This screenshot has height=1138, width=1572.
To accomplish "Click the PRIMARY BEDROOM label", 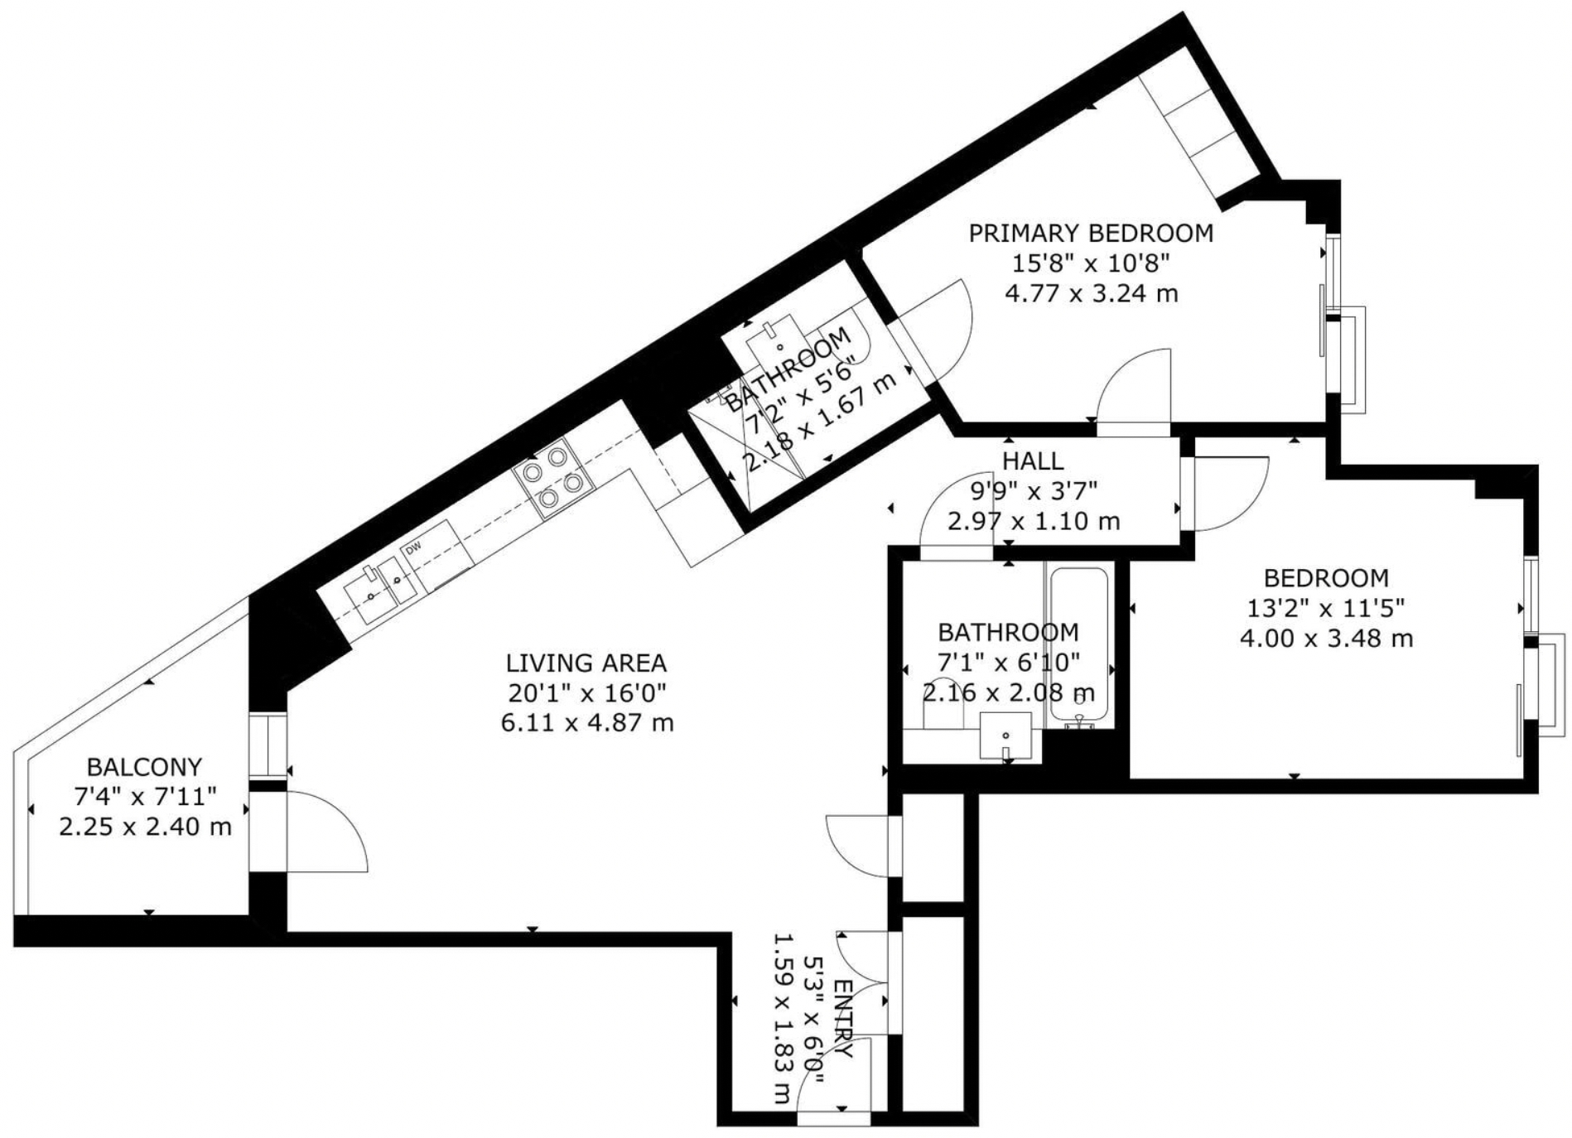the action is pyautogui.click(x=1091, y=234).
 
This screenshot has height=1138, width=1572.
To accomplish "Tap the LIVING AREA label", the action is pyautogui.click(x=586, y=663).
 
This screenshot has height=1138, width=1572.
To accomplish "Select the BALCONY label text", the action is pyautogui.click(x=145, y=767).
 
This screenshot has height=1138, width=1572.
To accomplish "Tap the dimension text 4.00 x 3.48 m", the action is pyautogui.click(x=1326, y=639).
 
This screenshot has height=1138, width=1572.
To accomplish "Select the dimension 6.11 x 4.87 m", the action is pyautogui.click(x=586, y=723).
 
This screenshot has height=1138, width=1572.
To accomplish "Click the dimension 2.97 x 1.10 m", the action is pyautogui.click(x=1034, y=521).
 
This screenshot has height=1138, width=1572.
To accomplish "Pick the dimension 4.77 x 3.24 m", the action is pyautogui.click(x=1091, y=293).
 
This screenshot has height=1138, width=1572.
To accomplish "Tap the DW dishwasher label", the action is pyautogui.click(x=412, y=547).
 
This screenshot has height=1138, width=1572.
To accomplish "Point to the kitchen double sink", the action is pyautogui.click(x=381, y=585).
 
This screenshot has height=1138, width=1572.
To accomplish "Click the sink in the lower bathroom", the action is pyautogui.click(x=1005, y=736).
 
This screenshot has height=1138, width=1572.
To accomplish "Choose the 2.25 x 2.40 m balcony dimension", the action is pyautogui.click(x=145, y=827).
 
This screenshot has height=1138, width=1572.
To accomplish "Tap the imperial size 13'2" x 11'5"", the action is pyautogui.click(x=1326, y=609).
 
